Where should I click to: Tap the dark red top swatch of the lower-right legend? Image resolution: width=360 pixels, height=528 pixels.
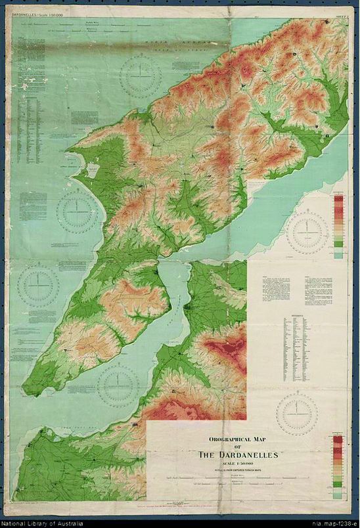pos(338,441)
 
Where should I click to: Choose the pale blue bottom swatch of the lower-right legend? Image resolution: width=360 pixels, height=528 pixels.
pos(338,493)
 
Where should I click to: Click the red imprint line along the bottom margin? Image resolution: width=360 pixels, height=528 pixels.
pos(197,507)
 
